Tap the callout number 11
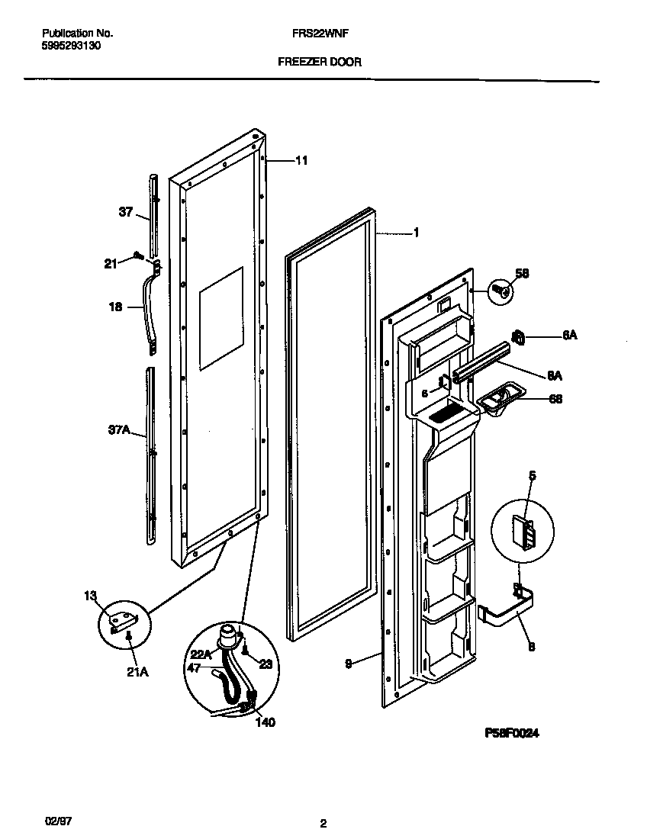click(x=301, y=160)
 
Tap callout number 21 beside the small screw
click(x=111, y=264)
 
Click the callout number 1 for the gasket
click(x=416, y=233)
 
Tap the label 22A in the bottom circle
click(x=200, y=654)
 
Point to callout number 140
click(x=265, y=722)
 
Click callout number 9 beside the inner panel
click(x=349, y=664)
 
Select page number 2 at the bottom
click(x=323, y=824)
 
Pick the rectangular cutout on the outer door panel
click(x=220, y=319)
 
